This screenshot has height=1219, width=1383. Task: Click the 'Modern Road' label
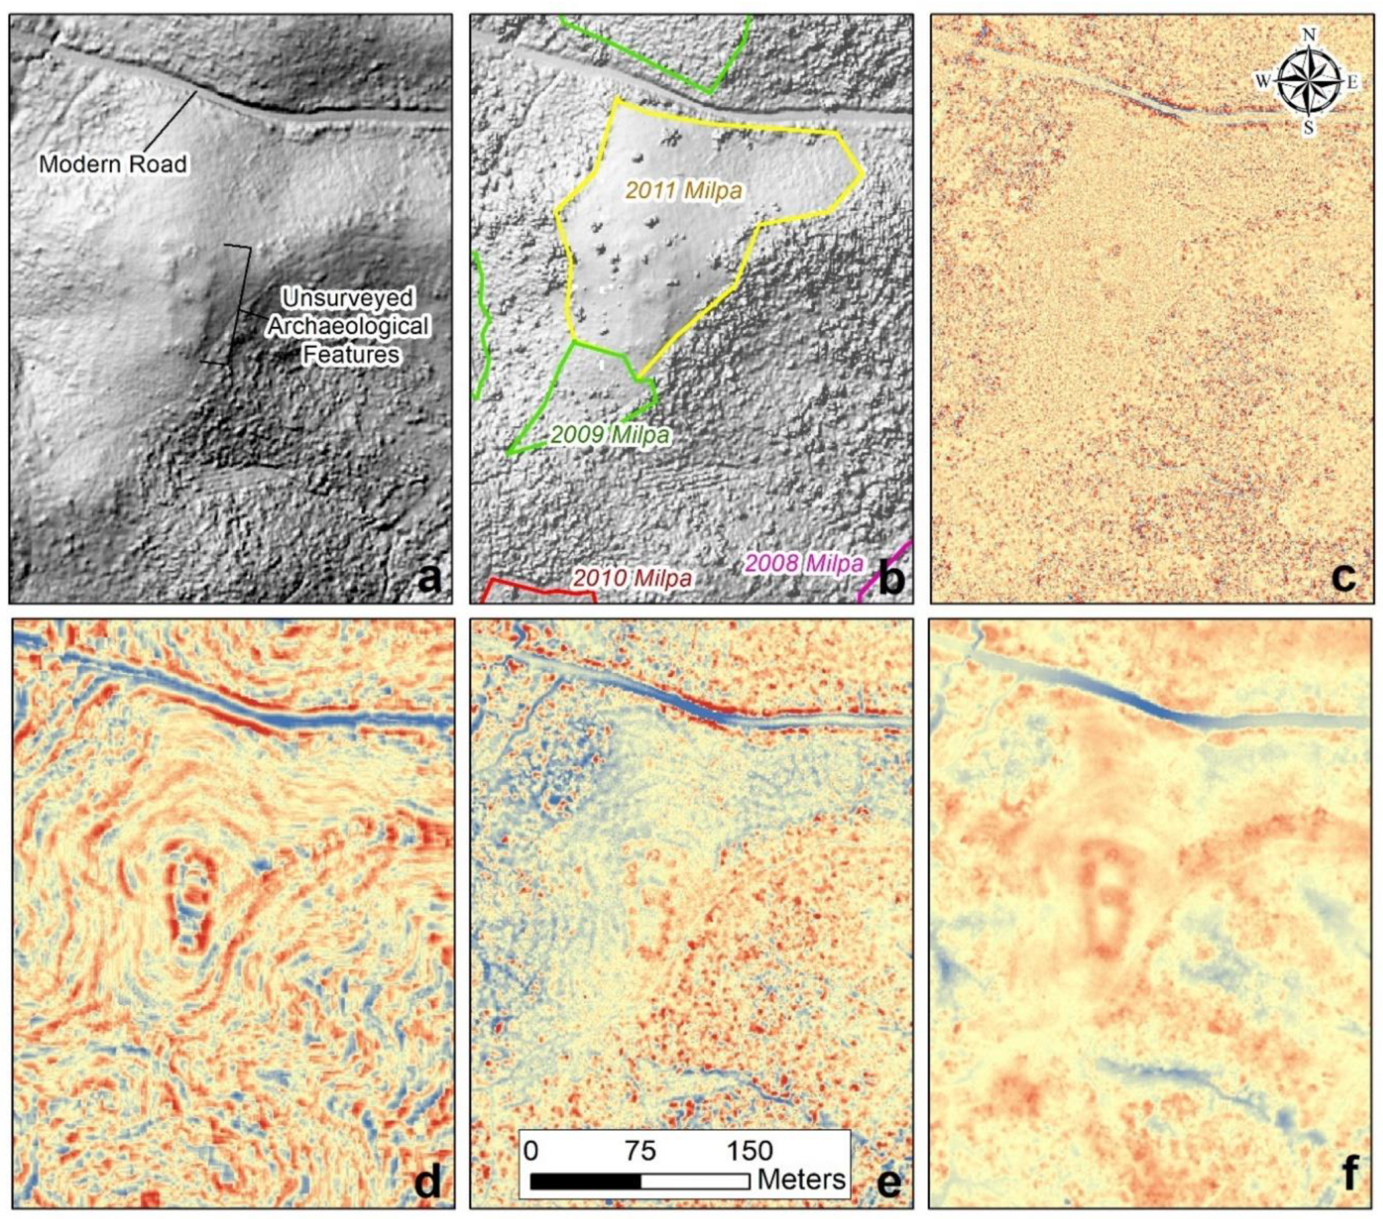click(113, 163)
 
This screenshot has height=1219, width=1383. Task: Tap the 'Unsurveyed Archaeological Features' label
click(348, 326)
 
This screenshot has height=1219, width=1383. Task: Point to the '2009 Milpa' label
click(610, 434)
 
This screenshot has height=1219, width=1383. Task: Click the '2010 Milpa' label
click(632, 578)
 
